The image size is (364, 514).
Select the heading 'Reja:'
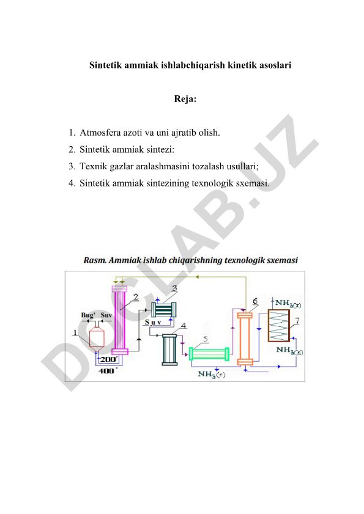tap(185, 99)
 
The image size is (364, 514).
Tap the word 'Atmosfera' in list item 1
tap(100, 133)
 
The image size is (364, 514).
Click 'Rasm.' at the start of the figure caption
tap(95, 260)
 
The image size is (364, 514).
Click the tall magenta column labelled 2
tap(119, 320)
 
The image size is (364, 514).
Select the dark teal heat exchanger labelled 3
tap(163, 309)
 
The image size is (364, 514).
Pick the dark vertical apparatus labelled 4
tap(169, 350)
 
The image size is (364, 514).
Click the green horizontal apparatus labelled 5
tap(209, 354)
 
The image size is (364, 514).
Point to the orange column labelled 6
tap(245, 339)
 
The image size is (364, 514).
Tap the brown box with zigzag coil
tap(279, 326)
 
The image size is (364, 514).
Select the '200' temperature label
tap(109, 359)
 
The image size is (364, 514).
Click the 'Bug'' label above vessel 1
tap(88, 315)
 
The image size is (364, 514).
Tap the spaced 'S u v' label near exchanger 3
tap(153, 322)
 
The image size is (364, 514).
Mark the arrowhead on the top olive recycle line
tap(197, 277)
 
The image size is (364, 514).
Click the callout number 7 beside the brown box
tap(297, 321)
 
